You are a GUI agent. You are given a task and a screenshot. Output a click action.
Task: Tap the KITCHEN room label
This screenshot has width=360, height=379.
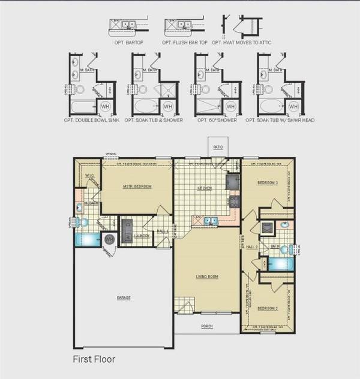205,188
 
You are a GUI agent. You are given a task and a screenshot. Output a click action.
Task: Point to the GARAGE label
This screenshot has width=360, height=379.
124,297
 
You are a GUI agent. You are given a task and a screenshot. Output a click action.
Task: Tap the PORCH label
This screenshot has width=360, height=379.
206,326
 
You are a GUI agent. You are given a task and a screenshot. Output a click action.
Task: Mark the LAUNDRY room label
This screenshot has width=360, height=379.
142,236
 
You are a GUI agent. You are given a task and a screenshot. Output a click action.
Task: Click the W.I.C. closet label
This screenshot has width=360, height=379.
88,176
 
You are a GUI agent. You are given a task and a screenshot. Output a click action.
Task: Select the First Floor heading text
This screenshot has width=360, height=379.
94,359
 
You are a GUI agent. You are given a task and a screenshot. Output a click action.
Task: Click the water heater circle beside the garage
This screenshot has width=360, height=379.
110,239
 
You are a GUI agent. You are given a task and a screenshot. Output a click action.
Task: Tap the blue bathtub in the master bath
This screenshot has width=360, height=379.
88,239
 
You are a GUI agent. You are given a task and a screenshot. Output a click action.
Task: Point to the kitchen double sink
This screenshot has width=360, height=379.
209,221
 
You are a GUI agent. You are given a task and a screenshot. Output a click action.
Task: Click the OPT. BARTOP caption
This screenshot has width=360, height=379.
127,43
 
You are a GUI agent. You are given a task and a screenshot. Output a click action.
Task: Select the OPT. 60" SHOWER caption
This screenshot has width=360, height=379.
217,121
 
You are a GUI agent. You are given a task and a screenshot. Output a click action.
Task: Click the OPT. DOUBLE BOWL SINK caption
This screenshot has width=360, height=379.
91,121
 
